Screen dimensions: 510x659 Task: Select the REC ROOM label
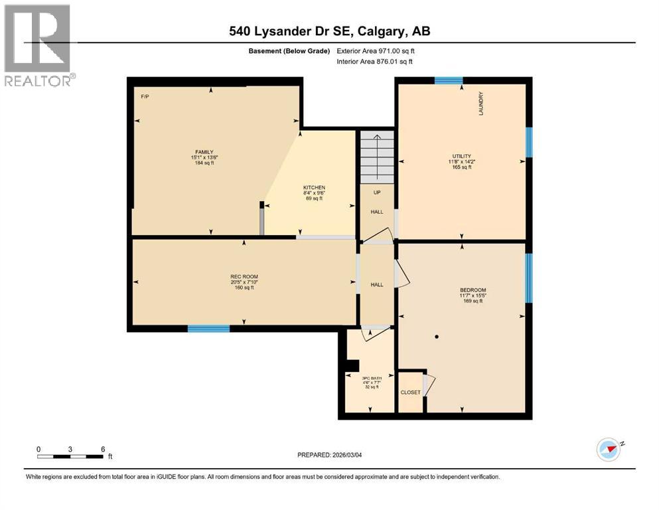(x=244, y=276)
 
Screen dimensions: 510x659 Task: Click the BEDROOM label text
(x=473, y=290)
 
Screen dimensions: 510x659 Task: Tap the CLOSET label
(x=410, y=392)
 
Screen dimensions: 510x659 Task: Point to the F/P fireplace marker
(x=145, y=97)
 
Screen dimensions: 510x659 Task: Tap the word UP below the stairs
(x=376, y=193)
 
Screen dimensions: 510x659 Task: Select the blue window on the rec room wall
(x=208, y=328)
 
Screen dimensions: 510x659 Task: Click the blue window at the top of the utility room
(x=449, y=81)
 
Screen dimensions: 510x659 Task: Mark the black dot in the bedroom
(x=437, y=337)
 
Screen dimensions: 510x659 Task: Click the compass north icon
(x=608, y=449)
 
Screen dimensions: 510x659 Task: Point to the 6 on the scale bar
(x=103, y=448)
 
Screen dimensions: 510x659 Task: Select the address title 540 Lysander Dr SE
(x=329, y=31)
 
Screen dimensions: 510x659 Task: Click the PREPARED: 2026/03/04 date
(x=329, y=455)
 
